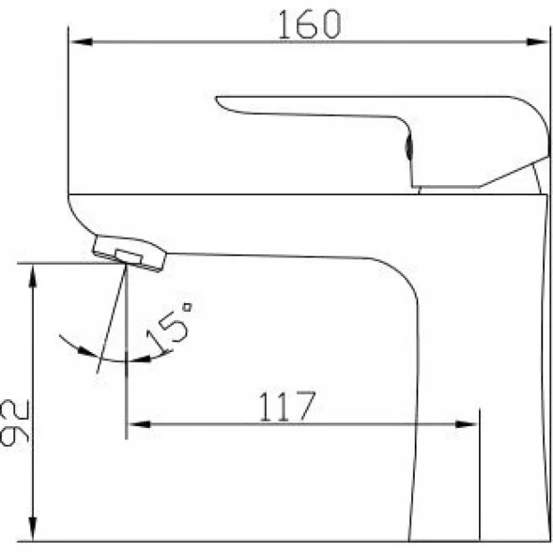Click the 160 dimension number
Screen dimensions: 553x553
(x=310, y=24)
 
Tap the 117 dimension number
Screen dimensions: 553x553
(x=287, y=407)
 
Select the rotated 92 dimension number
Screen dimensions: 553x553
(x=14, y=422)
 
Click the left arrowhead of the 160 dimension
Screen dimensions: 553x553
(x=81, y=42)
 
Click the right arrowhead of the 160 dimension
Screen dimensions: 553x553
(x=537, y=42)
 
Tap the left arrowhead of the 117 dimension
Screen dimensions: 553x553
(x=139, y=424)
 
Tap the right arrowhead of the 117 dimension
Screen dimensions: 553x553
(x=466, y=424)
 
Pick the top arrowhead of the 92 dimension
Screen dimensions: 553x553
(x=33, y=276)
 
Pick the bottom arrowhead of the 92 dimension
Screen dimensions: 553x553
(x=33, y=529)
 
